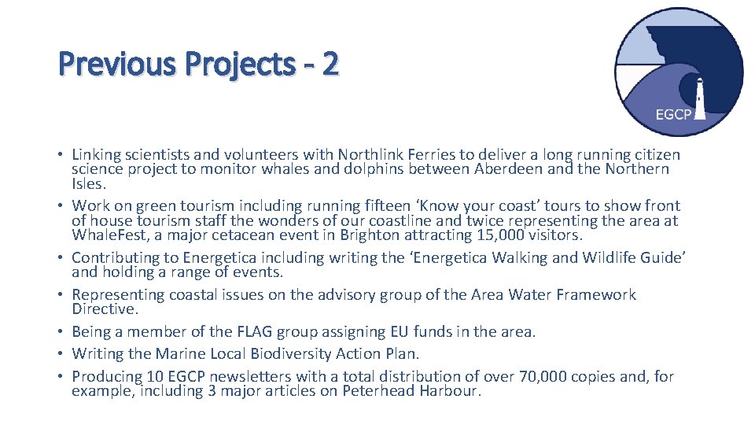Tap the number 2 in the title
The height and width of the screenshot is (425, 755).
[330, 64]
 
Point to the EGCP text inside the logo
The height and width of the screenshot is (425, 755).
[673, 115]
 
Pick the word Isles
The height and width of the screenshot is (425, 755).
[88, 183]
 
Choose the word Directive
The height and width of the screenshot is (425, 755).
[105, 309]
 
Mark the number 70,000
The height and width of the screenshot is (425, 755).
[572, 376]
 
